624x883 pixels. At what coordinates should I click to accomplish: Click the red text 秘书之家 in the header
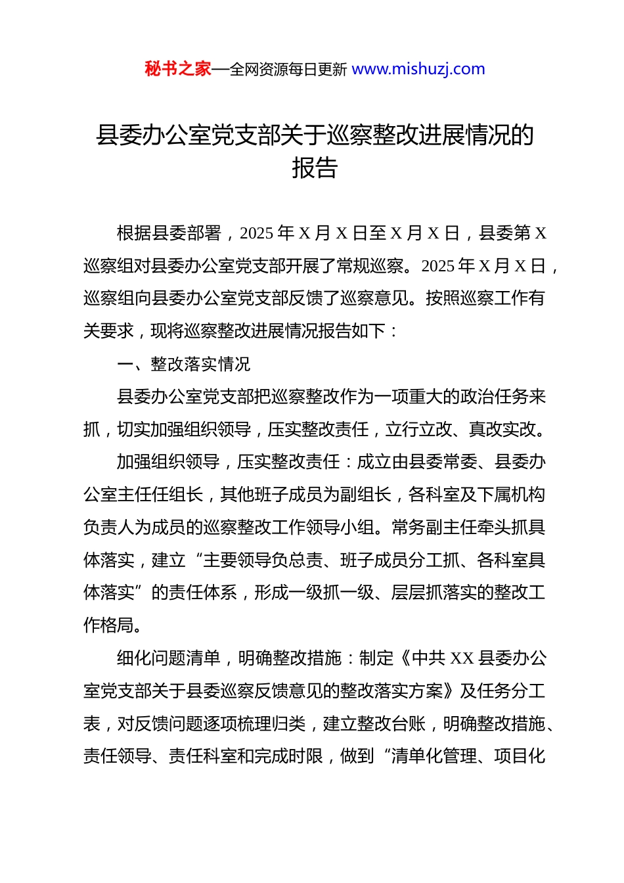point(178,69)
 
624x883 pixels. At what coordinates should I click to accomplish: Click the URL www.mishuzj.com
point(418,69)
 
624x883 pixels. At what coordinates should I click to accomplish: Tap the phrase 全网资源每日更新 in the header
point(288,70)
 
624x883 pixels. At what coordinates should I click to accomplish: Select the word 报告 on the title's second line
point(315,168)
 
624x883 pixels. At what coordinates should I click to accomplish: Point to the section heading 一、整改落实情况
point(183,364)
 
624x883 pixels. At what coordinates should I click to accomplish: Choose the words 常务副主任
point(434,528)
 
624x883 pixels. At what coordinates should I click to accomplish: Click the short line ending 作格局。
point(113,625)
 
